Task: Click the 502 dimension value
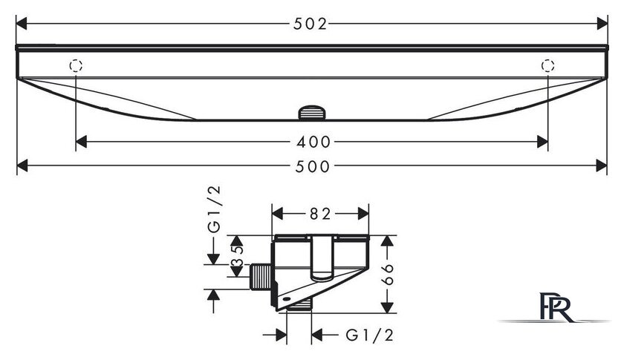[310, 24]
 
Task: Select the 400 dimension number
[313, 142]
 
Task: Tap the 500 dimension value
[313, 166]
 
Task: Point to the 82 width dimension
[320, 214]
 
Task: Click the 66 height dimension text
[387, 274]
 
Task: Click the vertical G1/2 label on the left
[214, 209]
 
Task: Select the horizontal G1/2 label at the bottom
[370, 336]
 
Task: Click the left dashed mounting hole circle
[76, 65]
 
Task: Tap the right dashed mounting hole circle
[547, 65]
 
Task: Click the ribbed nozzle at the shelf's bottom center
[312, 112]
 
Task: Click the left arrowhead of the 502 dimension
[21, 24]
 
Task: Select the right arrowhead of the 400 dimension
[542, 142]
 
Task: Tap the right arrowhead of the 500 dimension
[602, 166]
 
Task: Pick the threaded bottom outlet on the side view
[299, 306]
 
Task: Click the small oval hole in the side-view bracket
[285, 298]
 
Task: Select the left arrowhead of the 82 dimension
[277, 214]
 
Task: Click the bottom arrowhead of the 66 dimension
[387, 308]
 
